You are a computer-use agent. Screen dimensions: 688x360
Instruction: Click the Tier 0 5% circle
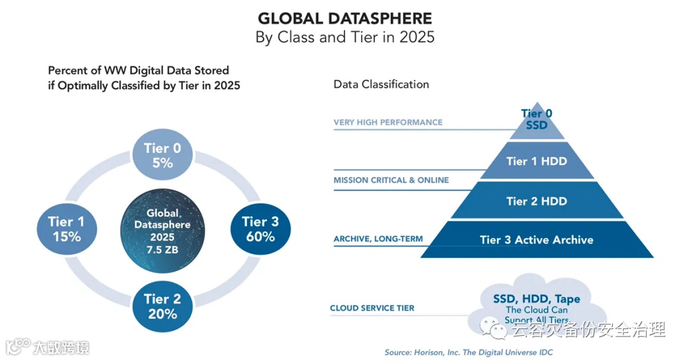pos(162,155)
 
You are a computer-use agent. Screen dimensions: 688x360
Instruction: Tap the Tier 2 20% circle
pos(162,306)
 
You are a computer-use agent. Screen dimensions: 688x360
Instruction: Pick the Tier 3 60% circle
pos(260,229)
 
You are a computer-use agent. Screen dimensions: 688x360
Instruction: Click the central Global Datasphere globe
pos(163,229)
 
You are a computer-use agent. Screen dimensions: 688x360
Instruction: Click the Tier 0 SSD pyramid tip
pos(536,120)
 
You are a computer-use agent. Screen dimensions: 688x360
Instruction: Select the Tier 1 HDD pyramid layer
pos(536,161)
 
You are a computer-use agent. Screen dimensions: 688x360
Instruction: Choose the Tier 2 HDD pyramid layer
pos(536,201)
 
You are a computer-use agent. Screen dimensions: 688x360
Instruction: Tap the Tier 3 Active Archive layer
pos(536,240)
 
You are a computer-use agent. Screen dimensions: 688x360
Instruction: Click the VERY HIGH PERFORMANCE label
pos(388,122)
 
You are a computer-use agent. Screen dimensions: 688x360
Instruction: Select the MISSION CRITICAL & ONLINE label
pos(391,180)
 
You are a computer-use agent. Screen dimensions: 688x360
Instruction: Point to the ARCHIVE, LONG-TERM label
pos(378,240)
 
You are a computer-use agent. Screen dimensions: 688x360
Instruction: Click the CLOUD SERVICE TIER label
pos(372,308)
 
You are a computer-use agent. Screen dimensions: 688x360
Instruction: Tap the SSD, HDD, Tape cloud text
pos(536,299)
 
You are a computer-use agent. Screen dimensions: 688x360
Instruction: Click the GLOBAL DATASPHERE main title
pos(345,18)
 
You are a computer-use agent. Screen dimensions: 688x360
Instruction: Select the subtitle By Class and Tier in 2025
pos(345,37)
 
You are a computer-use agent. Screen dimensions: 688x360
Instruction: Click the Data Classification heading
pos(382,84)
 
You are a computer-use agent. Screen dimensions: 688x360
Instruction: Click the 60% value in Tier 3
pos(260,237)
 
